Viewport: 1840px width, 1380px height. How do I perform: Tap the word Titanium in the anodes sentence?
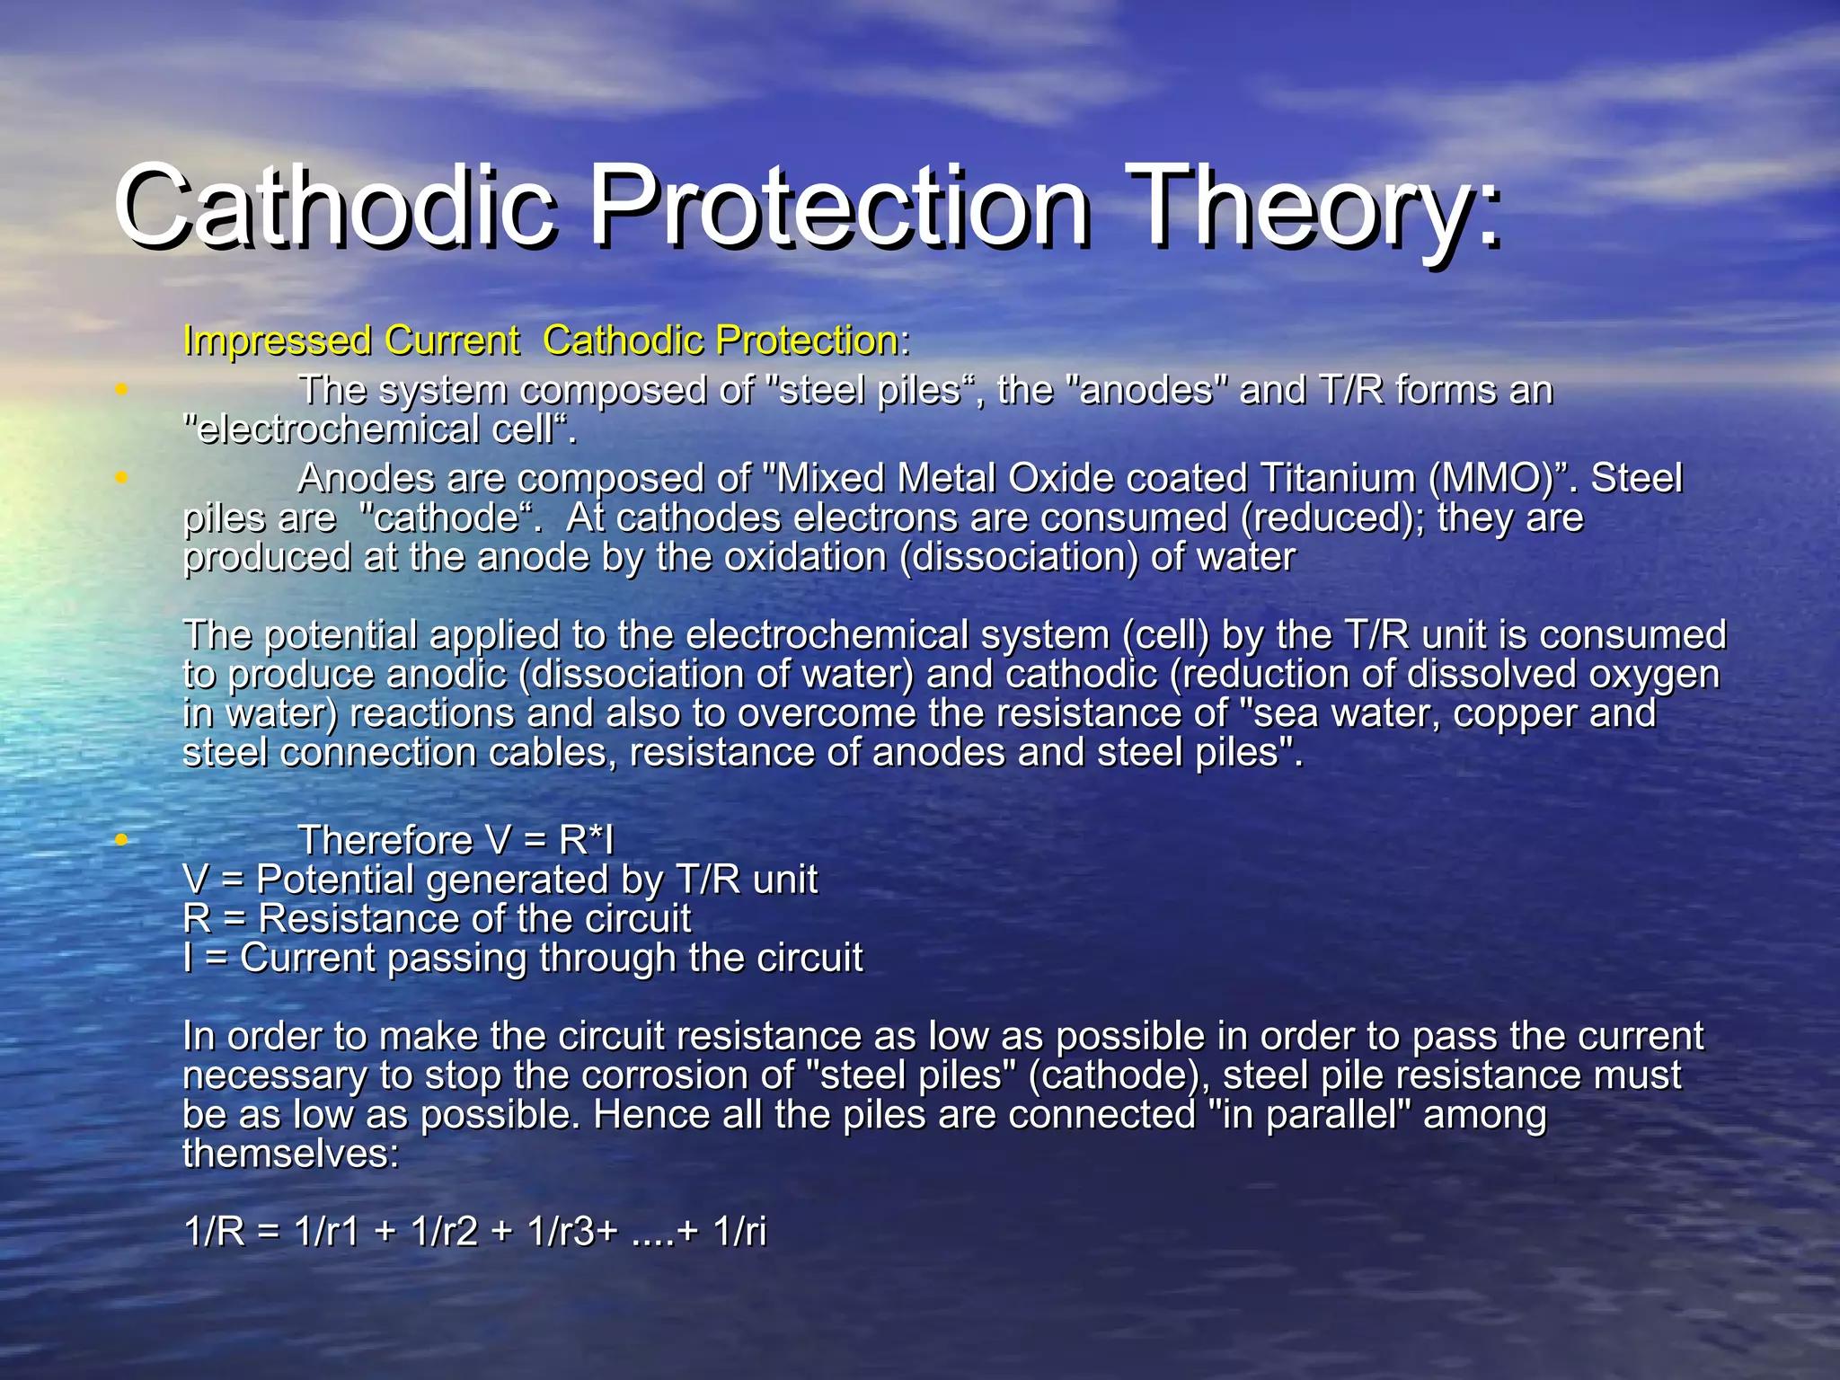pyautogui.click(x=1338, y=479)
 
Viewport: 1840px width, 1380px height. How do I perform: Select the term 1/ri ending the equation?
pyautogui.click(x=739, y=1232)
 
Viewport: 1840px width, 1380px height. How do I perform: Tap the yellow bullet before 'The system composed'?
pyautogui.click(x=121, y=389)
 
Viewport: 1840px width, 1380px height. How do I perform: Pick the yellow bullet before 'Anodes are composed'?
pyautogui.click(x=121, y=478)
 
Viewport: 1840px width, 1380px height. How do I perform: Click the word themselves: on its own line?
pyautogui.click(x=290, y=1154)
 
